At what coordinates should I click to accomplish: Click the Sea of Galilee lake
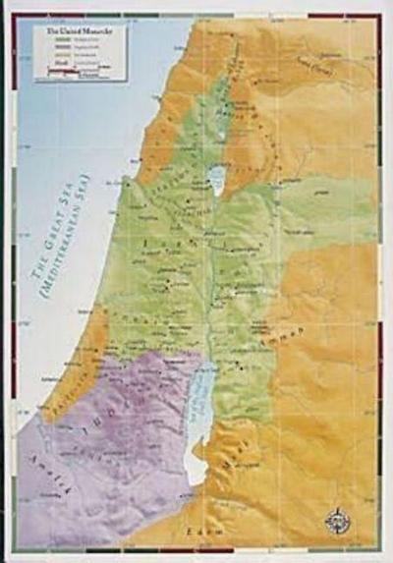[x=215, y=179]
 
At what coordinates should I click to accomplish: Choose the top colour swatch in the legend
[x=48, y=41]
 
